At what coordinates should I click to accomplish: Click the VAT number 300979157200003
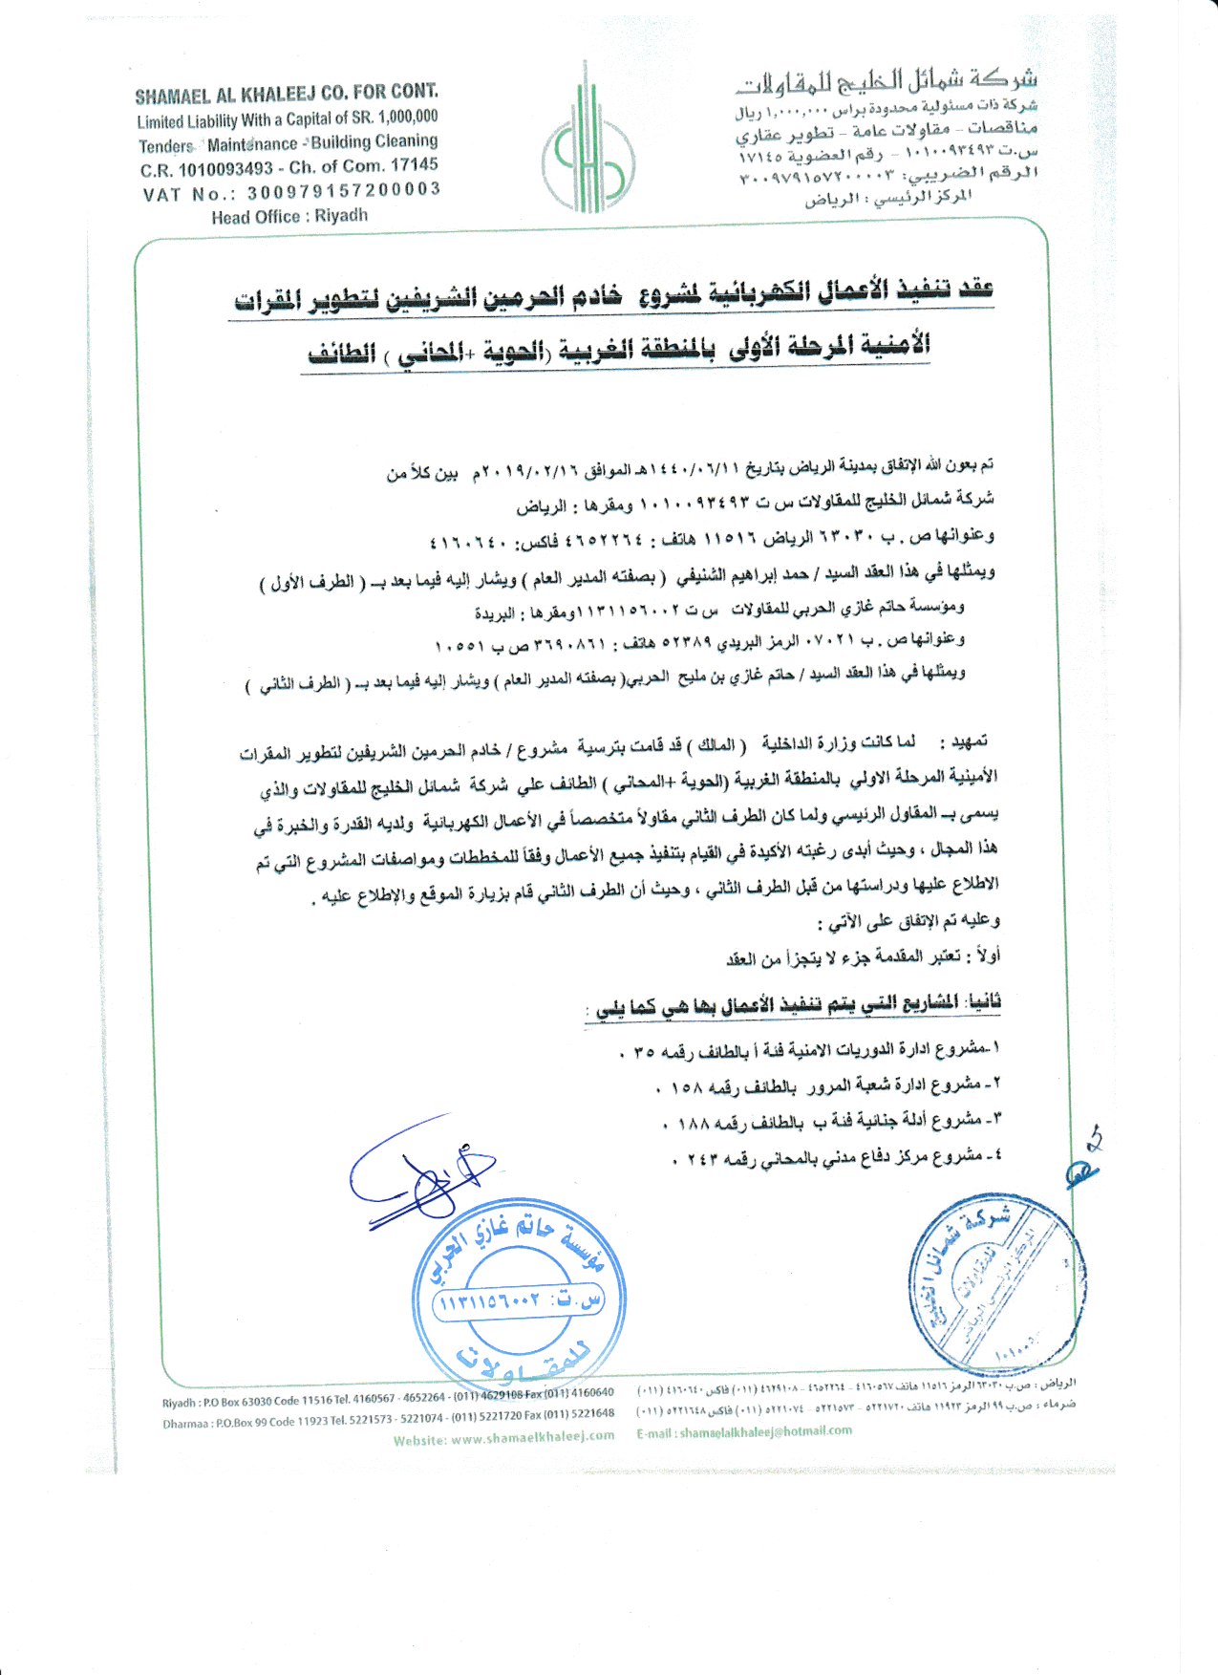click(344, 191)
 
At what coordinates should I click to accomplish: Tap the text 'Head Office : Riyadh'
click(289, 217)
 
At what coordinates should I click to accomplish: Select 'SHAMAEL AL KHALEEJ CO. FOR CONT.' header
click(287, 94)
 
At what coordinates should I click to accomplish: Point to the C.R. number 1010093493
click(226, 169)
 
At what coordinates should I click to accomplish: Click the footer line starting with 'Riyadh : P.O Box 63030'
click(388, 1398)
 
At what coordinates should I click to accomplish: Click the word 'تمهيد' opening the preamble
click(965, 742)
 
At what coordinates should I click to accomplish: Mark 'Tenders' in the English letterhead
click(166, 146)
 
